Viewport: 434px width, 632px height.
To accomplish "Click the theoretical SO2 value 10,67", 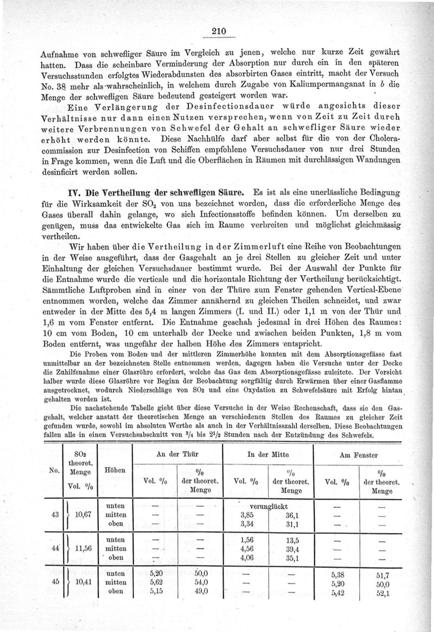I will click(x=84, y=514).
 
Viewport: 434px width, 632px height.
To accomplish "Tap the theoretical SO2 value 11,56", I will click(x=84, y=548).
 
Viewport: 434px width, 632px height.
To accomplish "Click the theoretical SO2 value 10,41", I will click(x=84, y=583).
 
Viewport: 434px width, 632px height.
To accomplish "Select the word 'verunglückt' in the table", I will click(x=268, y=505).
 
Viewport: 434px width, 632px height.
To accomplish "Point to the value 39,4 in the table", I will click(x=293, y=548).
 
